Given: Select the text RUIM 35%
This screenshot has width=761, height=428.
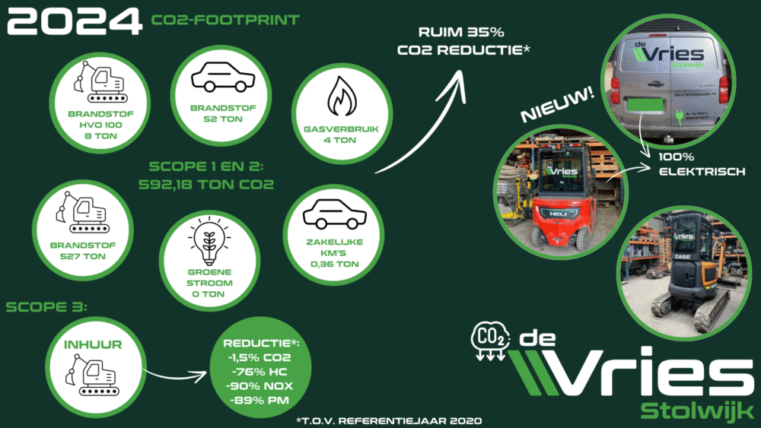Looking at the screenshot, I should coord(455,33).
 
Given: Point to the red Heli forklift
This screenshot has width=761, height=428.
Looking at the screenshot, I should coord(559,209).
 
